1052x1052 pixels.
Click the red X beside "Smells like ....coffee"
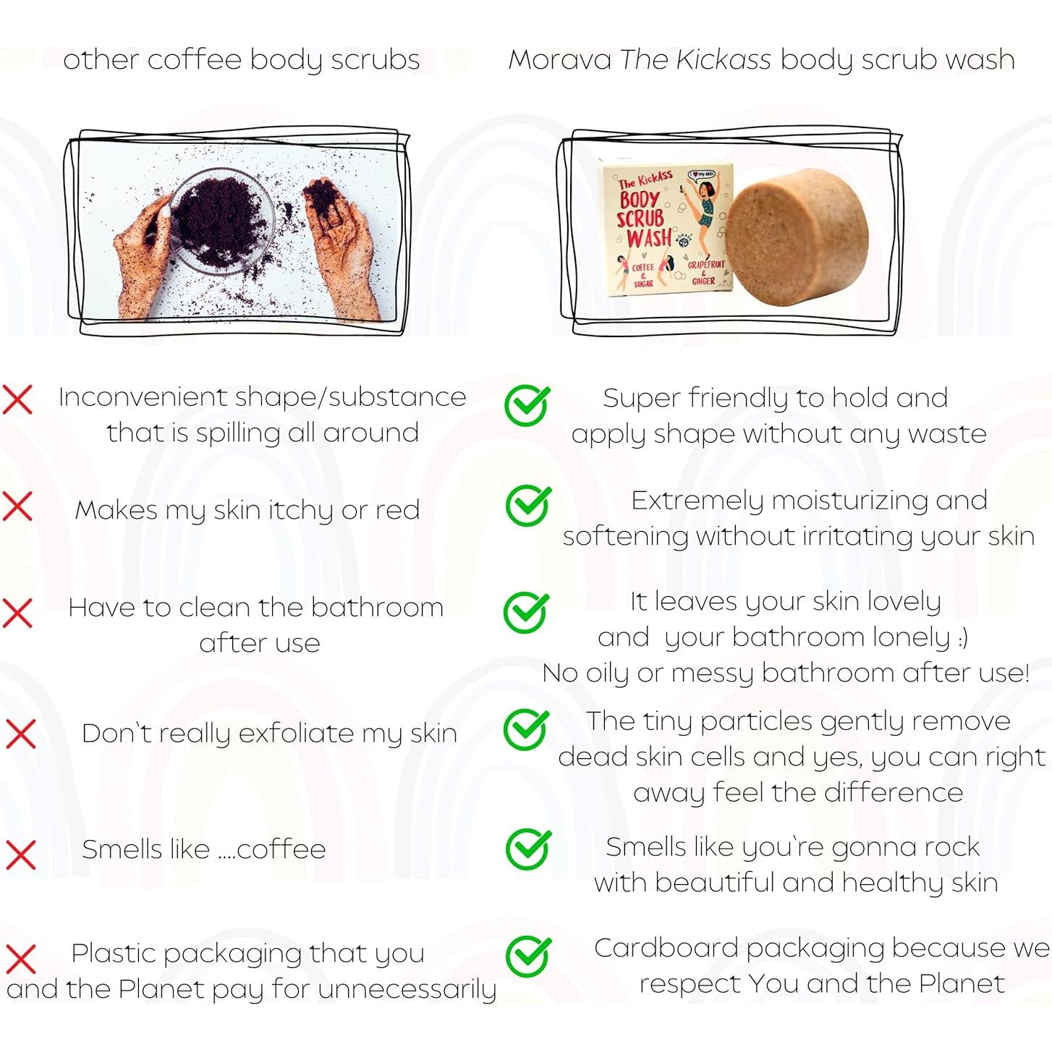coord(21,854)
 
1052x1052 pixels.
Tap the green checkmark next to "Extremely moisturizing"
coord(527,505)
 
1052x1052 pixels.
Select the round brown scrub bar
coord(797,237)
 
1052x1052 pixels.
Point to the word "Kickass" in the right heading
coord(723,60)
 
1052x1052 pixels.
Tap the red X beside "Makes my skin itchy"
coord(18,506)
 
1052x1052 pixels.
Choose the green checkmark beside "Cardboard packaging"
coord(528,956)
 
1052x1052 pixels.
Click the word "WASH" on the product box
coord(649,237)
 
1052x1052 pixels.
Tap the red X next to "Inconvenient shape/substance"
coord(18,399)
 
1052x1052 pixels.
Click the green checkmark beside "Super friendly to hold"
coord(527,404)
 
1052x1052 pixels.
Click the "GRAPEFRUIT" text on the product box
coord(705,265)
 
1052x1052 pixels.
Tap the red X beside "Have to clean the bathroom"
coord(18,613)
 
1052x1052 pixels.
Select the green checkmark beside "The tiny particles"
coord(526,729)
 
